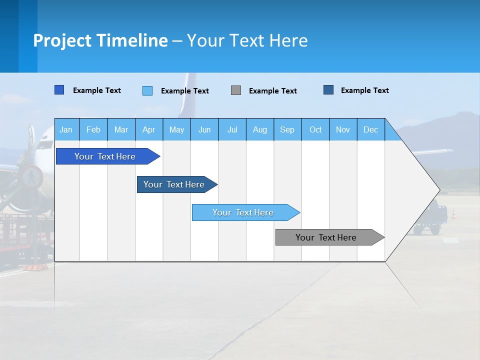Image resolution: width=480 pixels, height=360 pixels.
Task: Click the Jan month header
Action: click(66, 130)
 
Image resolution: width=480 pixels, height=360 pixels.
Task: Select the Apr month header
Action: click(148, 130)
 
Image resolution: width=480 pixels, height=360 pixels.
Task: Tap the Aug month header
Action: click(259, 130)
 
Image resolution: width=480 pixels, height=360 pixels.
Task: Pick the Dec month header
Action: click(370, 130)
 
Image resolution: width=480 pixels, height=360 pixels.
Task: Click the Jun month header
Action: click(204, 130)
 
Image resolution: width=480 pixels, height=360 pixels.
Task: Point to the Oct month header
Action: click(315, 130)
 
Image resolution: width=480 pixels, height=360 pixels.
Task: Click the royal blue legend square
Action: click(59, 90)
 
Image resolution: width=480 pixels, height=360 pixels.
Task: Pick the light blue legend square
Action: click(147, 90)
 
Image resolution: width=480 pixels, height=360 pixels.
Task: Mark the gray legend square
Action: click(235, 90)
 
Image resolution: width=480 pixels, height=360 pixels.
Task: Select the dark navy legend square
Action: click(328, 90)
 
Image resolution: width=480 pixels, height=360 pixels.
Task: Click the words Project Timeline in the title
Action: click(100, 40)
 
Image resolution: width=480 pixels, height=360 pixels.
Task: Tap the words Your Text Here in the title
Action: click(247, 40)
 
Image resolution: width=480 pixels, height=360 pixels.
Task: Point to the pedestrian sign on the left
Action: click(31, 176)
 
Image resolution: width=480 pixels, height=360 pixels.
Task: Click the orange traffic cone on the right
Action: click(453, 214)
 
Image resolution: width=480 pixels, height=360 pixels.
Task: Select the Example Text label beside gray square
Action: click(272, 91)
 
